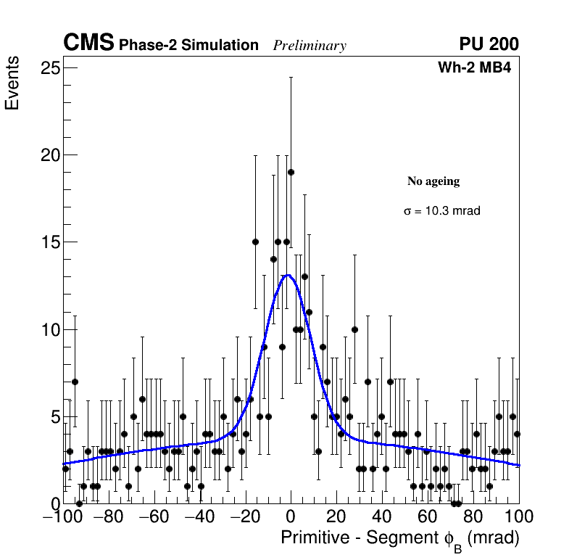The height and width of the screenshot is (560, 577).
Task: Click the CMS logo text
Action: click(x=88, y=44)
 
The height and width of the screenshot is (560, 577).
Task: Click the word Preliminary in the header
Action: click(x=310, y=46)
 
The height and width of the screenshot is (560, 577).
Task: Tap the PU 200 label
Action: click(x=489, y=44)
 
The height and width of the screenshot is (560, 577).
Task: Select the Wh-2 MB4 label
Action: click(x=478, y=68)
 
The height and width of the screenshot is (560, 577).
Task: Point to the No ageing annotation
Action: click(x=433, y=181)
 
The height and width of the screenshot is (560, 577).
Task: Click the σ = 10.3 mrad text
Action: click(x=442, y=211)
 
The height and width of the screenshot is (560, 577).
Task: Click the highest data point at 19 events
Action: click(x=291, y=172)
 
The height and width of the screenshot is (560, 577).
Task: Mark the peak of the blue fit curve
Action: click(x=288, y=275)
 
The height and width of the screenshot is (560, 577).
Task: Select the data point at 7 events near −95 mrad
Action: click(x=75, y=382)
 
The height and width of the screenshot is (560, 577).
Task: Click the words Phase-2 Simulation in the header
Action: click(x=188, y=46)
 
